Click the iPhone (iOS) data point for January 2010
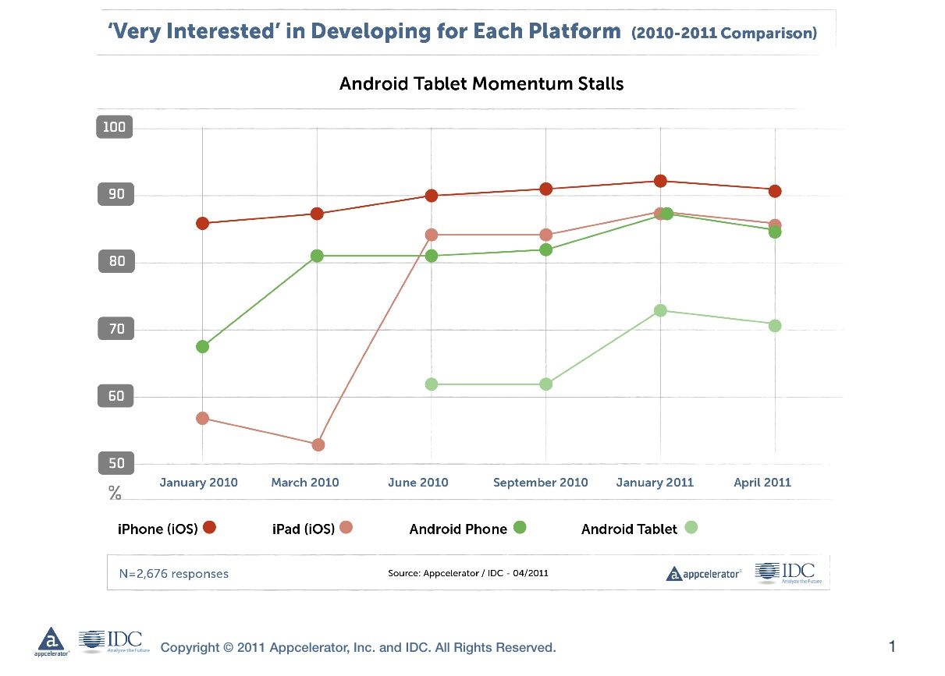coord(203,223)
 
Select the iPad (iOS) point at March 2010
coord(318,444)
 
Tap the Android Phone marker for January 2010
coord(203,346)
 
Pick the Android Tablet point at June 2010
coord(432,384)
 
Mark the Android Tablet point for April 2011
coord(775,325)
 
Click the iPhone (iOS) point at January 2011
coord(660,181)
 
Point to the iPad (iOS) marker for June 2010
coord(432,235)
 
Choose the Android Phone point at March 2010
coord(318,256)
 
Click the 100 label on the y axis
coord(114,127)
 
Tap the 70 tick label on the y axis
coord(115,329)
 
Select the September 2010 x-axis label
coord(540,482)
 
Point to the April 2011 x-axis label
coord(762,482)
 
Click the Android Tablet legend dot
coord(691,528)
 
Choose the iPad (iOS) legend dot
coord(346,528)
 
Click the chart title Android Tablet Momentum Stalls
coord(481,83)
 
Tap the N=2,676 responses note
coord(174,574)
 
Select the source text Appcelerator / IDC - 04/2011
coord(468,574)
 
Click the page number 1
coord(892,646)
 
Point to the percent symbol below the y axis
coord(115,493)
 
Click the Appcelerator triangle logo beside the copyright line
coord(52,639)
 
